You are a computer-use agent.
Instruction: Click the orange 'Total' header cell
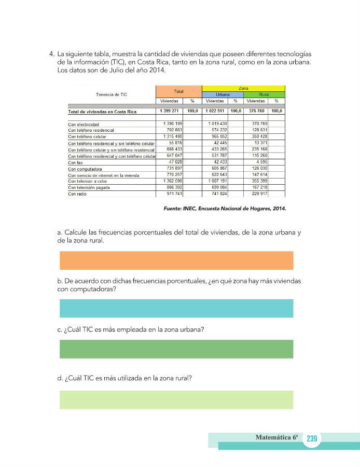pos(178,91)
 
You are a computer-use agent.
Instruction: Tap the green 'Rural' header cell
pos(264,95)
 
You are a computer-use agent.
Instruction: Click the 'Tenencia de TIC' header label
pos(112,94)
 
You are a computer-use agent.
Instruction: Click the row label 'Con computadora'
pos(85,169)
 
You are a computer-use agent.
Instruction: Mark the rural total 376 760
pos(256,111)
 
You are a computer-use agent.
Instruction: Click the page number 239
pos(311,439)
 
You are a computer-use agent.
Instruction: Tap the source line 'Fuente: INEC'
pos(225,209)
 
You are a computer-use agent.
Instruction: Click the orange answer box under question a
pos(176,260)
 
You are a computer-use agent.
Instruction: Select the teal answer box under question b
pos(176,308)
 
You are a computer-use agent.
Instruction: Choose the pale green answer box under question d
pos(176,400)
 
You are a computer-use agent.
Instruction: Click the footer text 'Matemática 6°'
pos(277,437)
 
